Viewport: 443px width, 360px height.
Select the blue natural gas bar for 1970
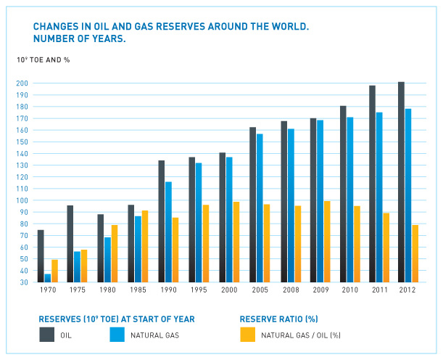[x=48, y=278]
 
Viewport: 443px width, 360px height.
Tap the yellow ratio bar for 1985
[x=146, y=246]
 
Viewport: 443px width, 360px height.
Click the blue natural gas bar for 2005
[x=259, y=208]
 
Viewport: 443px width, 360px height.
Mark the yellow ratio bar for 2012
[x=415, y=253]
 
